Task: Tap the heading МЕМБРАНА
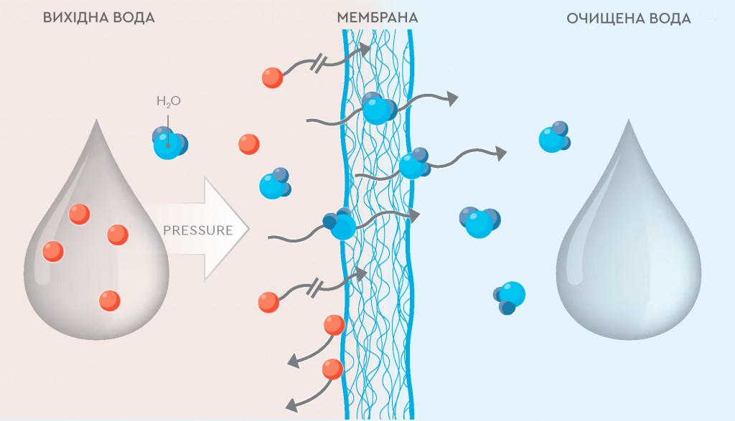[377, 18]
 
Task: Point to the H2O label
[168, 102]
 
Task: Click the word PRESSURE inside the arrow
[198, 230]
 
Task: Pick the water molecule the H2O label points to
[169, 142]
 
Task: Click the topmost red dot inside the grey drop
[79, 214]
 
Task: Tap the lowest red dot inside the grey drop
[109, 300]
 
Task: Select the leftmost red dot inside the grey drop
[53, 251]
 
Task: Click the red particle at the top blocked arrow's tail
[272, 77]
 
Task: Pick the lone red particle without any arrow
[248, 143]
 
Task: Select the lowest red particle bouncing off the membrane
[332, 369]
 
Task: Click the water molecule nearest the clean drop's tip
[554, 137]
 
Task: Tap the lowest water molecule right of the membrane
[509, 295]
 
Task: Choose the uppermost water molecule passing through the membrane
[378, 108]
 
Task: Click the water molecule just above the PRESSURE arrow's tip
[275, 184]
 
